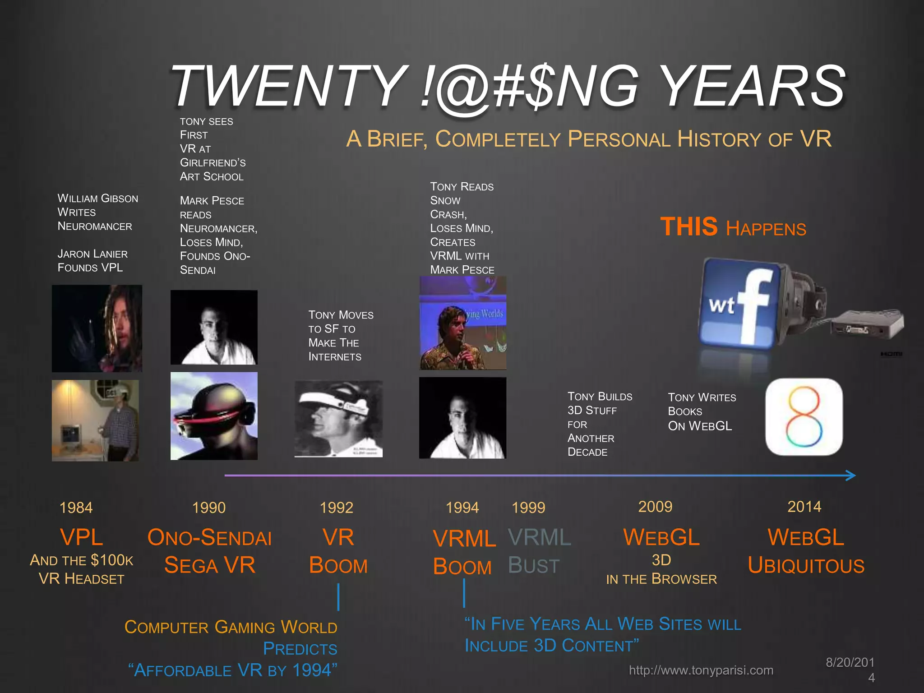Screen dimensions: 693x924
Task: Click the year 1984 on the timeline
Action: tap(76, 508)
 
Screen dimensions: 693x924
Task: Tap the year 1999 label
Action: tap(528, 508)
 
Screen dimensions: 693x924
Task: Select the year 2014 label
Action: tap(804, 507)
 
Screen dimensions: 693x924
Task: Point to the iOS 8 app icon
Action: tap(804, 416)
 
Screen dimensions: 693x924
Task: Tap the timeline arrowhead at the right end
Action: tap(850, 475)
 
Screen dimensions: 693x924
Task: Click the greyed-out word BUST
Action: tap(534, 565)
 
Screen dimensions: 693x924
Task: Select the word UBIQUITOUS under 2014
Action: tap(806, 565)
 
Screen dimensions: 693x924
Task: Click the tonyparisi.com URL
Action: tap(701, 670)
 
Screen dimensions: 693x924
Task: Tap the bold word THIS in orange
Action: tap(688, 226)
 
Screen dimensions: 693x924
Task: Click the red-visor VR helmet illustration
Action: tap(214, 416)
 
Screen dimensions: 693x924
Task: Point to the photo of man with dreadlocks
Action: tap(97, 328)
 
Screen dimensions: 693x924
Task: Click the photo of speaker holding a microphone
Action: tap(463, 323)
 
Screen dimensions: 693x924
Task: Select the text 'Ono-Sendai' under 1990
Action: tap(209, 537)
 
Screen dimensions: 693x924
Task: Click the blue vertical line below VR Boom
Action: tap(338, 597)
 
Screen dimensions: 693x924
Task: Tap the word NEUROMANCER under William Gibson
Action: tap(95, 226)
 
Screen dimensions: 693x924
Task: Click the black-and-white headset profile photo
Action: tap(338, 419)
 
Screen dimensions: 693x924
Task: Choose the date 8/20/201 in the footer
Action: tap(850, 662)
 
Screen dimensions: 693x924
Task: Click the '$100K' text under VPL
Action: tap(112, 560)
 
